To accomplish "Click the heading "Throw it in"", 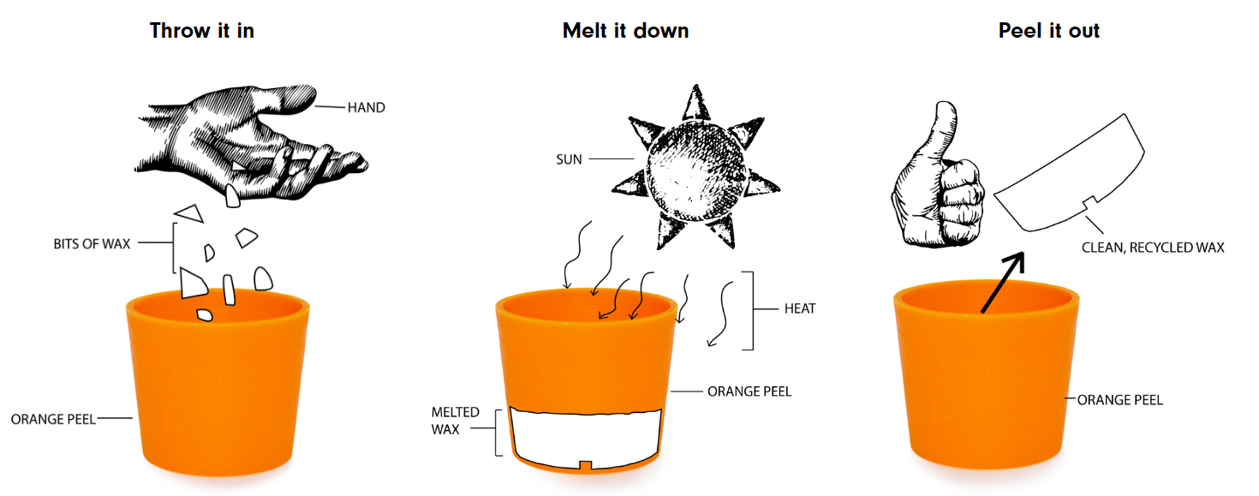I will click(201, 31).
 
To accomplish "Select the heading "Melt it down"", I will click(625, 31).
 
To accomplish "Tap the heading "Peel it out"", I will click(1048, 31).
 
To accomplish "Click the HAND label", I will click(366, 108).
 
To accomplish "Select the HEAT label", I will click(800, 308).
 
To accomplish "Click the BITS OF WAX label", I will click(92, 243).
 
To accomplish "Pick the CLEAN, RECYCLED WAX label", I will click(1153, 248).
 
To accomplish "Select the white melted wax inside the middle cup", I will click(586, 435).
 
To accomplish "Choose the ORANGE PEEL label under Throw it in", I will click(53, 419).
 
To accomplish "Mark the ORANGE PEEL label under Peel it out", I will click(1119, 400).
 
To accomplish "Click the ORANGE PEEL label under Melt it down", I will click(749, 391).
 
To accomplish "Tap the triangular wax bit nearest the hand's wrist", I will click(188, 212).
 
